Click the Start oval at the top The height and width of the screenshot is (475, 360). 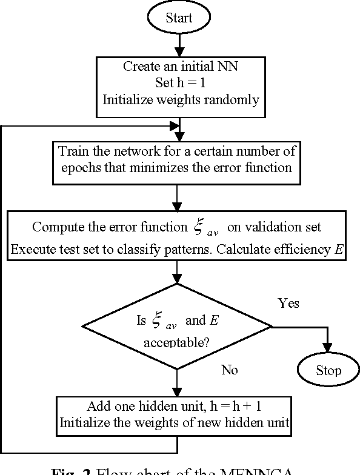(178, 18)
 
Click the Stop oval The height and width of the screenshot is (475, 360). (328, 370)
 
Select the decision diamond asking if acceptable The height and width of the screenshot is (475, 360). (178, 328)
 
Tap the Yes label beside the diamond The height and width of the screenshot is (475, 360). (288, 303)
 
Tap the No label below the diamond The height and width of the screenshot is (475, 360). (229, 370)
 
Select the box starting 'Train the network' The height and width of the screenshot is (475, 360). (178, 159)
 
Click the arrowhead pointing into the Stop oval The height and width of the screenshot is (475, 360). (328, 349)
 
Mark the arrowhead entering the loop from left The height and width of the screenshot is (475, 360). (175, 126)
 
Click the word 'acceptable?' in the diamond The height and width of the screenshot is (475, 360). (176, 343)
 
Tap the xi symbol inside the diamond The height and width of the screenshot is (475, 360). (156, 321)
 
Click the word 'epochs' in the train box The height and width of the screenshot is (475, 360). (81, 167)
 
